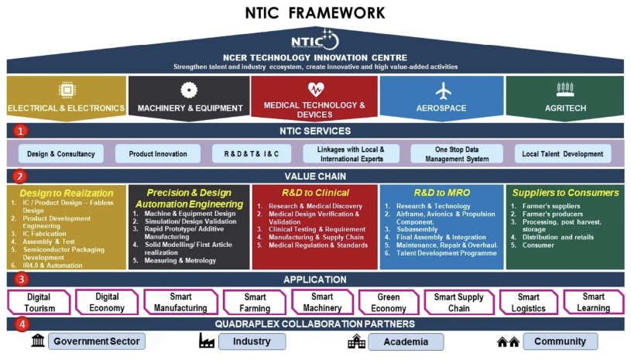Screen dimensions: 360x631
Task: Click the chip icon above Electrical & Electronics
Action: (x=66, y=91)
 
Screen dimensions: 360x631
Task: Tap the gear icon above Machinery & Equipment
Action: (x=189, y=91)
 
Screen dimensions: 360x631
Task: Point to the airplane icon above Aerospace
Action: (x=443, y=91)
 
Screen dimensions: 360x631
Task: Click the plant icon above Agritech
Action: (x=564, y=91)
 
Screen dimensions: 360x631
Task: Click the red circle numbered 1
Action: (x=21, y=131)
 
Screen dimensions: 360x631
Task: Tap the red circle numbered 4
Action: (x=21, y=324)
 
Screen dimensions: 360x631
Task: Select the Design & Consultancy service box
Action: (x=60, y=154)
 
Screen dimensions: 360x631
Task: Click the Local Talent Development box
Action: (x=563, y=154)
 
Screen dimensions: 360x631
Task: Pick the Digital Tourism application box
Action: (x=39, y=303)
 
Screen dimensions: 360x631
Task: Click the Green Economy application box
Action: (x=388, y=303)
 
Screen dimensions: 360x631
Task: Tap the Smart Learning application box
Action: (x=593, y=303)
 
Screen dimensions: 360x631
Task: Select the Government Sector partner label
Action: (x=97, y=341)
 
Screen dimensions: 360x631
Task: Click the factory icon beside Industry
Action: (x=207, y=341)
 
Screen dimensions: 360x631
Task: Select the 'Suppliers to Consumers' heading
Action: (x=564, y=193)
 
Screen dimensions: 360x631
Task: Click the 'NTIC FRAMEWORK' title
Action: (x=314, y=12)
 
